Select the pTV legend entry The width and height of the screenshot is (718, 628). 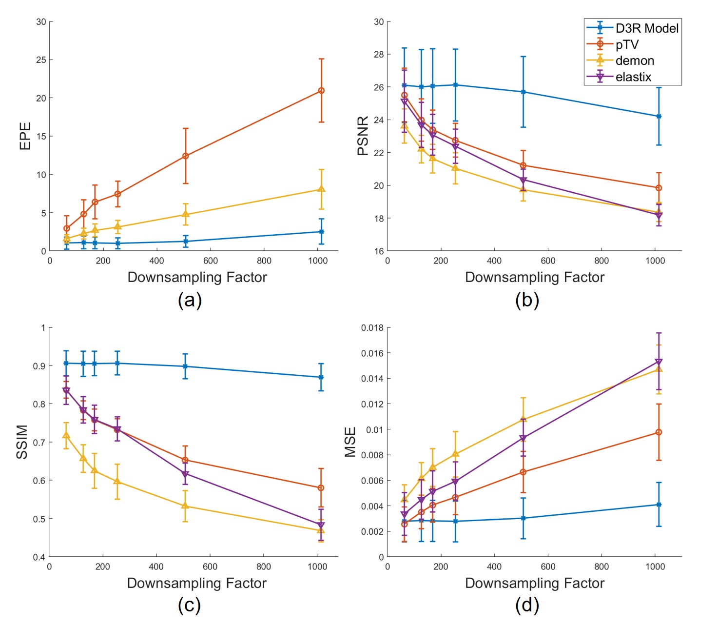click(x=627, y=44)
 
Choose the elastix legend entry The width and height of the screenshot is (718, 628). click(x=633, y=77)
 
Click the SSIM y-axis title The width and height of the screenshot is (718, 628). click(x=22, y=442)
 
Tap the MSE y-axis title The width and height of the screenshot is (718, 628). click(x=350, y=442)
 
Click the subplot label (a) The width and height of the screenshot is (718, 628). click(x=190, y=300)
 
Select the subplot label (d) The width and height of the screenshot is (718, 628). click(x=527, y=606)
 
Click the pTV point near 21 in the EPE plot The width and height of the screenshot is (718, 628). click(x=321, y=91)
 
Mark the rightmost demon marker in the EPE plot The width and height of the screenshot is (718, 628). click(x=321, y=189)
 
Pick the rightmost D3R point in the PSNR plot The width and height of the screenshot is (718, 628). click(x=659, y=116)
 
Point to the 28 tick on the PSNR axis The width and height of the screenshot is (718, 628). click(x=379, y=54)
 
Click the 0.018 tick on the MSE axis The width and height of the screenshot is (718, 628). click(x=372, y=327)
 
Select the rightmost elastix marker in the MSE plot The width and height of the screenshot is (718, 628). click(x=659, y=362)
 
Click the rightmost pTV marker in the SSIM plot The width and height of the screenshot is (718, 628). click(x=321, y=488)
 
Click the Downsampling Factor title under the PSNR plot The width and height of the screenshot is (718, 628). click(x=535, y=277)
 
